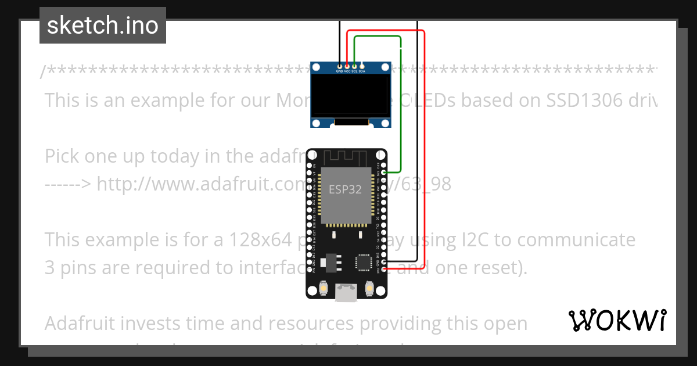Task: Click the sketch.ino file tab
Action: coord(102,26)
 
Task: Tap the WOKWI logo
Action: coord(616,320)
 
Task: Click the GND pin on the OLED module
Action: coord(340,66)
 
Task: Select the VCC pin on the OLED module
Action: coord(347,66)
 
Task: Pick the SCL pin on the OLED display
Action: coord(354,66)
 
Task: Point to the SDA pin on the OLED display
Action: coord(362,66)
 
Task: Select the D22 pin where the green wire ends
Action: coord(383,173)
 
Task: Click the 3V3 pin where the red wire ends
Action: coord(383,270)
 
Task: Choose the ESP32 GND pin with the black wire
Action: coord(383,262)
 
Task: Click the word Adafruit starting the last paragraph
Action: coord(83,322)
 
